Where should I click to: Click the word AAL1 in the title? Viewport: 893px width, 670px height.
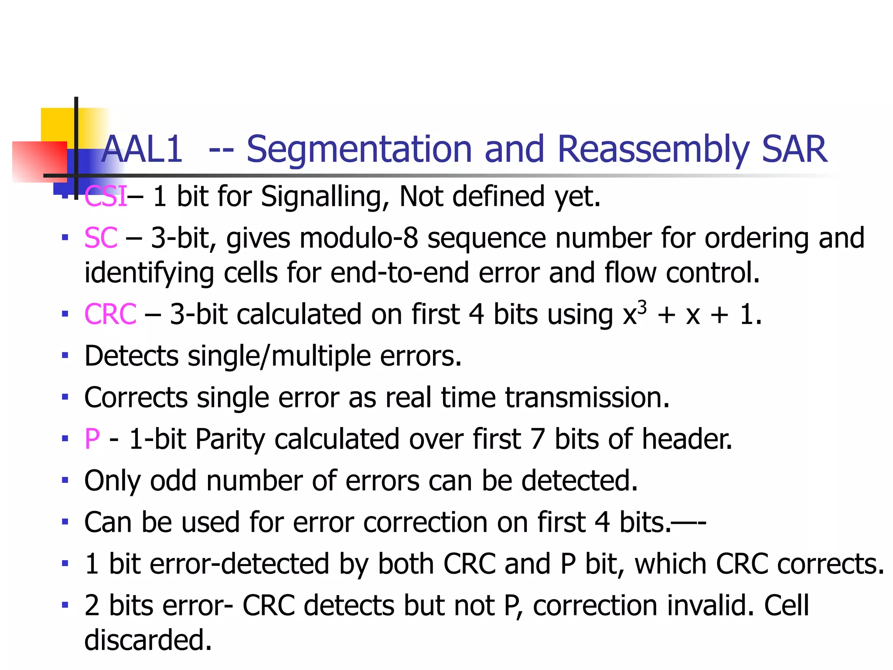pyautogui.click(x=142, y=149)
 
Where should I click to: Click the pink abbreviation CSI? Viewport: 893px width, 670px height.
pyautogui.click(x=106, y=196)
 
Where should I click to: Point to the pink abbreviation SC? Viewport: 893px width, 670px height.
pyautogui.click(x=101, y=238)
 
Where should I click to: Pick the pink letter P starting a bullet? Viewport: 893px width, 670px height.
pyautogui.click(x=92, y=439)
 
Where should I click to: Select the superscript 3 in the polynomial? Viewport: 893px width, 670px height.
pyautogui.click(x=642, y=308)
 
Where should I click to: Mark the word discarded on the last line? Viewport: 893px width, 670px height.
pyautogui.click(x=148, y=640)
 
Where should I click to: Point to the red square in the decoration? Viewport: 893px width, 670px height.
pyautogui.click(x=39, y=161)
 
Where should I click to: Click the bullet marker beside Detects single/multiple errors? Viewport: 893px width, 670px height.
pyautogui.click(x=65, y=356)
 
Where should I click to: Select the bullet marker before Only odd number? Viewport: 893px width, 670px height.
pyautogui.click(x=65, y=480)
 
